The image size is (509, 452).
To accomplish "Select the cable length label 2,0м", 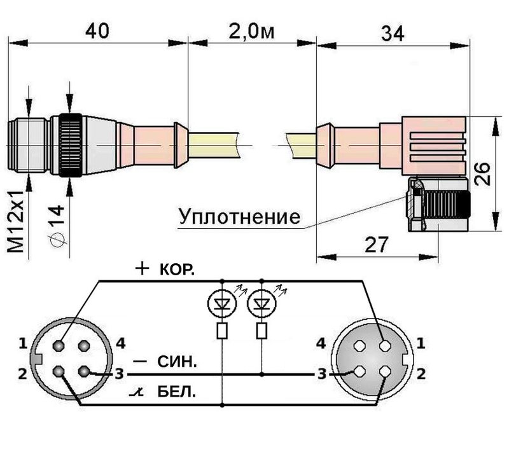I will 251,31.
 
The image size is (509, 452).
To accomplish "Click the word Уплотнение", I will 239,217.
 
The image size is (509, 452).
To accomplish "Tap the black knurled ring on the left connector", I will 69,146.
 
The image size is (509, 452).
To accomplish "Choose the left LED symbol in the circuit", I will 223,303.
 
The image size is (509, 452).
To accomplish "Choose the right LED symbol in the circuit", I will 261,303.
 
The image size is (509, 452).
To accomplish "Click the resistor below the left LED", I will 223,331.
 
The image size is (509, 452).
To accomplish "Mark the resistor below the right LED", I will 261,331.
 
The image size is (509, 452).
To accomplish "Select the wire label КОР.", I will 174,270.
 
